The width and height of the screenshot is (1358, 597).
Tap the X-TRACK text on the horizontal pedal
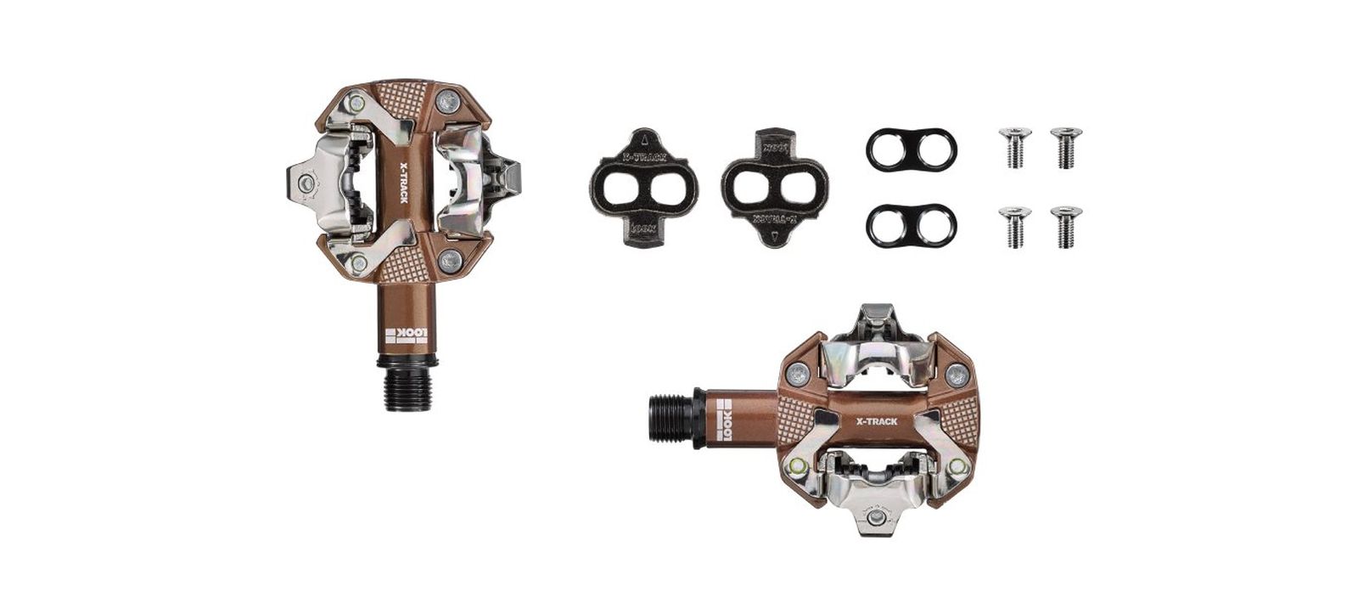[x=877, y=420]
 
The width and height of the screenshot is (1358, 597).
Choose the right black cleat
[x=774, y=187]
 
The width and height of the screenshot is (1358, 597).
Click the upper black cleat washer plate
[x=911, y=149]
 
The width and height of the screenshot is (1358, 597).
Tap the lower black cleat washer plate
[x=911, y=225]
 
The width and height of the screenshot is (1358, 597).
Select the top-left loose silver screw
[x=1015, y=147]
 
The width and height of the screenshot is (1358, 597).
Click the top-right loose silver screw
[x=1065, y=147]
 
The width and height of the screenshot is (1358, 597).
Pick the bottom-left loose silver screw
[x=1015, y=226]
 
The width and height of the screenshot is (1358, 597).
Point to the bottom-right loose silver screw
[x=1065, y=226]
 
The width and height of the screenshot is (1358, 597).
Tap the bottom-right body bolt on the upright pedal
[x=451, y=259]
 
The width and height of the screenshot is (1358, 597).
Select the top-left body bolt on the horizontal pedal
[x=798, y=371]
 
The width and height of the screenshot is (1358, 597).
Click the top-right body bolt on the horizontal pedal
[x=955, y=371]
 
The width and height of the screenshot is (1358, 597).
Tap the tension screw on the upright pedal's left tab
[x=306, y=181]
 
